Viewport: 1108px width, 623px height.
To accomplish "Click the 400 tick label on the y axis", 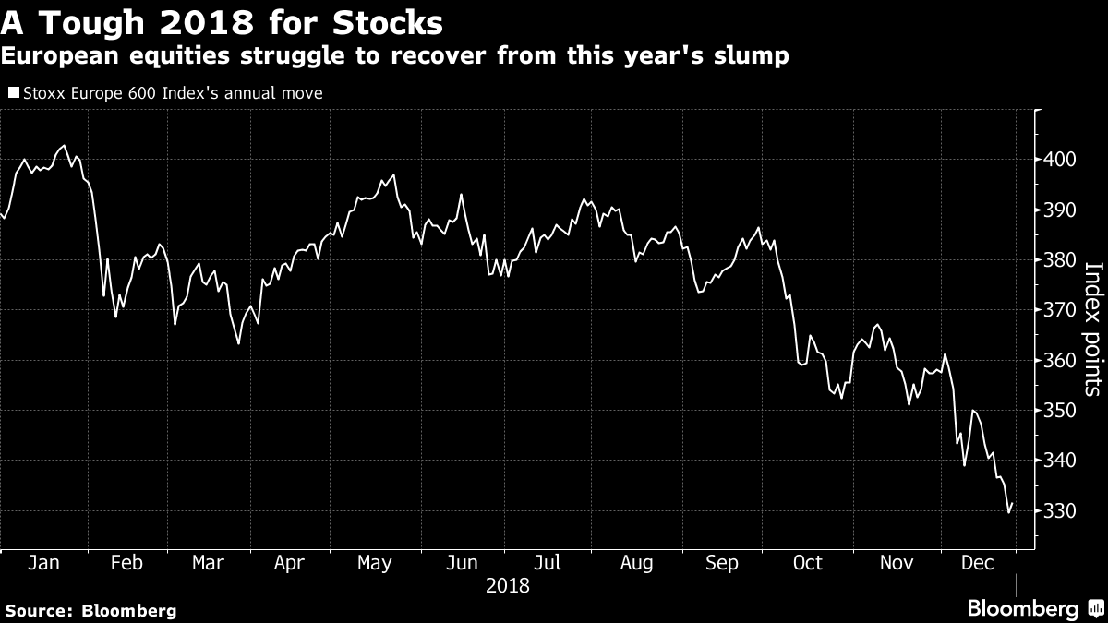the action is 1059,160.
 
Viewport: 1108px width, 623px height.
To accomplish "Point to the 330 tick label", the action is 1059,510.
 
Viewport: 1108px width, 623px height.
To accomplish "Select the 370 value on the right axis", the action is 1059,310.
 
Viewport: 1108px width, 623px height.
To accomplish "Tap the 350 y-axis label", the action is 1059,411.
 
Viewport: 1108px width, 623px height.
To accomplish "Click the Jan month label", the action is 43,563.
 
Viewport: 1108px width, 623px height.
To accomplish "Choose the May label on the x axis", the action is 375,564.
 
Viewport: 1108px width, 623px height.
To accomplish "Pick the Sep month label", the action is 722,564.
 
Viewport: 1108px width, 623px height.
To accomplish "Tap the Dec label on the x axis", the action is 978,563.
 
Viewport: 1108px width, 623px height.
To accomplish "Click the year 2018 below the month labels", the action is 508,586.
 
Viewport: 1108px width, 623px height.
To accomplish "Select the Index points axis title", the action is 1094,329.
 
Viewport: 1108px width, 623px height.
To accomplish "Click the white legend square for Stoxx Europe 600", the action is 14,92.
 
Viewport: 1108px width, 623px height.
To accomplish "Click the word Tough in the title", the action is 92,23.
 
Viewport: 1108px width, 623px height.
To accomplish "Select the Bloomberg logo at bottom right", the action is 1037,608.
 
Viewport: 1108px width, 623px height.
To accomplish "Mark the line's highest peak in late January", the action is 64,146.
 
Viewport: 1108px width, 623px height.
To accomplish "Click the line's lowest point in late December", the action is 1008,513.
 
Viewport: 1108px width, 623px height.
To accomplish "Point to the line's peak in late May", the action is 393,174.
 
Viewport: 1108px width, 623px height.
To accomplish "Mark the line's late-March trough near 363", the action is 238,343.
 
